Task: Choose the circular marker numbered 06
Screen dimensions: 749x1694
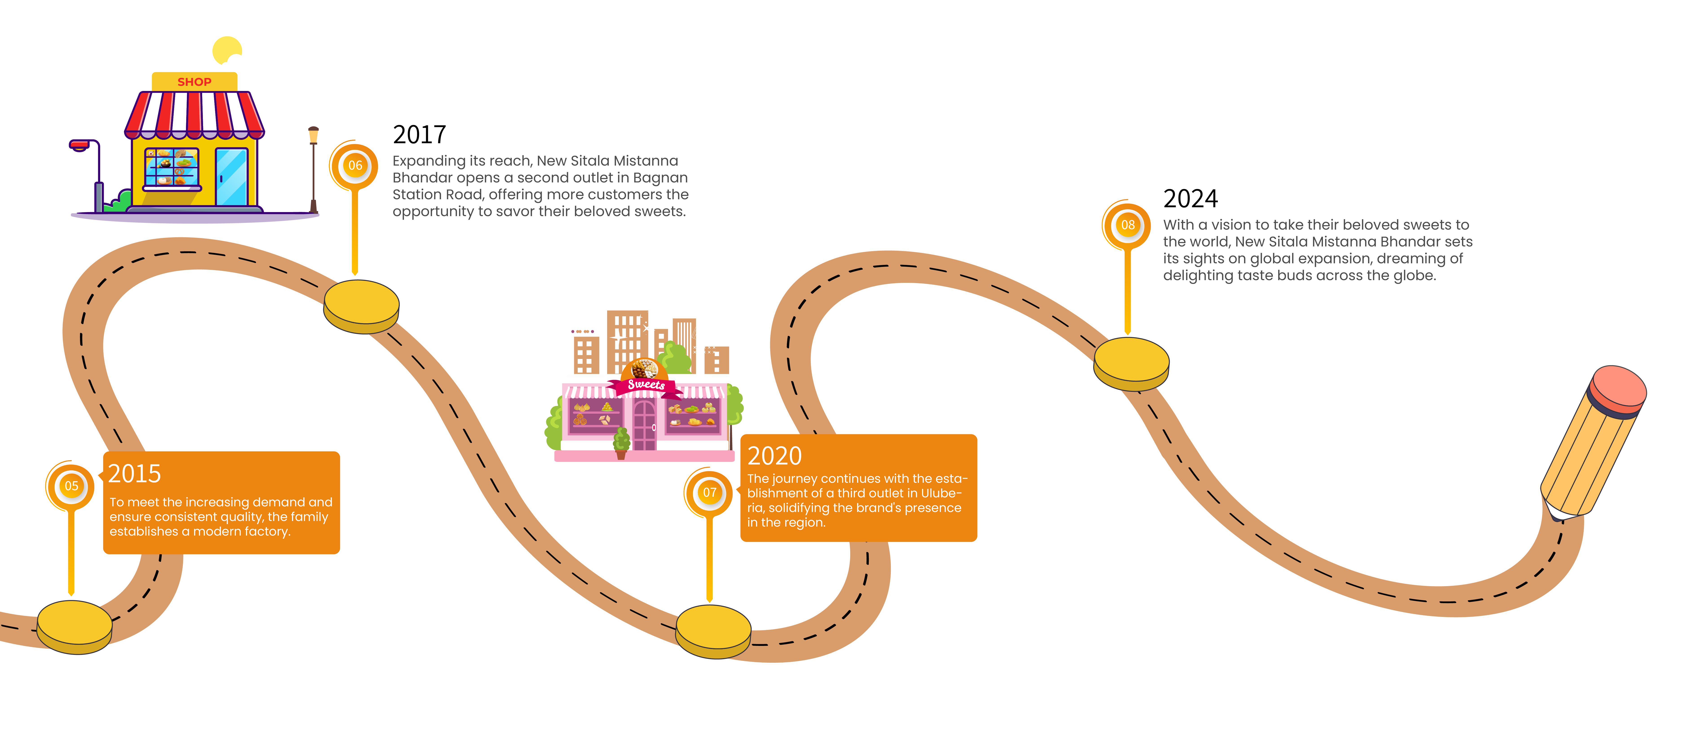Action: point(355,166)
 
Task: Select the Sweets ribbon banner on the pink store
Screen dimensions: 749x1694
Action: point(646,385)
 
